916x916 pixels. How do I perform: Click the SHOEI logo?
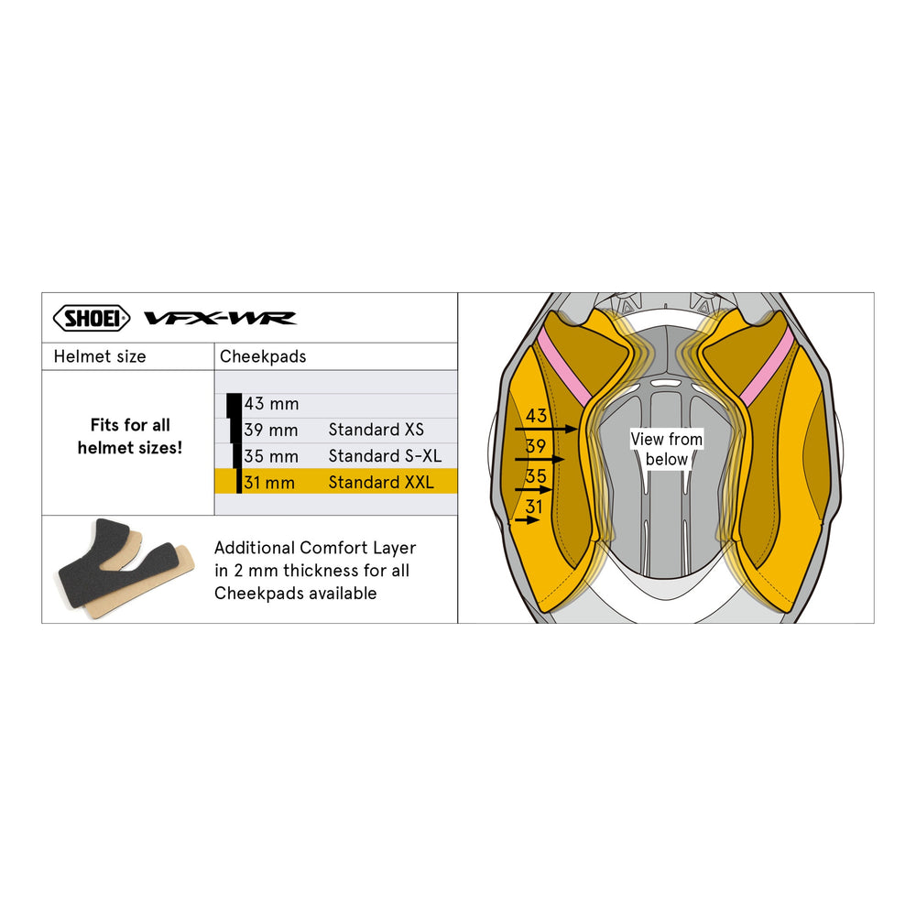(x=91, y=319)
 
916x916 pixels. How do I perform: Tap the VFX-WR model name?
(x=220, y=319)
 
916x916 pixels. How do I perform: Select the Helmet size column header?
(x=100, y=356)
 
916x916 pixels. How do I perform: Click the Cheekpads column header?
(x=263, y=356)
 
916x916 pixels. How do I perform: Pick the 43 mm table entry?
(x=272, y=404)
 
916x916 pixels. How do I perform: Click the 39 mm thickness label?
(x=271, y=430)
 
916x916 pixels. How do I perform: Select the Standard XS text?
(x=376, y=430)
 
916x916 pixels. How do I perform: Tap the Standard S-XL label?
(x=385, y=455)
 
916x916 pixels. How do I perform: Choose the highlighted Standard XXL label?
(x=381, y=482)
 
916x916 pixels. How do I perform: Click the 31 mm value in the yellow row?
(x=269, y=483)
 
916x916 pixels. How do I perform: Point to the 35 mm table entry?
(x=271, y=456)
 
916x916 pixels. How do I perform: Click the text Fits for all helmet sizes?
(x=130, y=436)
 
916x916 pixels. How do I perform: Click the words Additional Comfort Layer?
(x=315, y=548)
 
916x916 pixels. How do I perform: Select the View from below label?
(x=667, y=449)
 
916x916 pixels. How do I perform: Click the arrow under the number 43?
(x=546, y=430)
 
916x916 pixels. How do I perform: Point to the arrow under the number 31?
(x=527, y=519)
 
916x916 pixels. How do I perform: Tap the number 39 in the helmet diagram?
(x=536, y=446)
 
